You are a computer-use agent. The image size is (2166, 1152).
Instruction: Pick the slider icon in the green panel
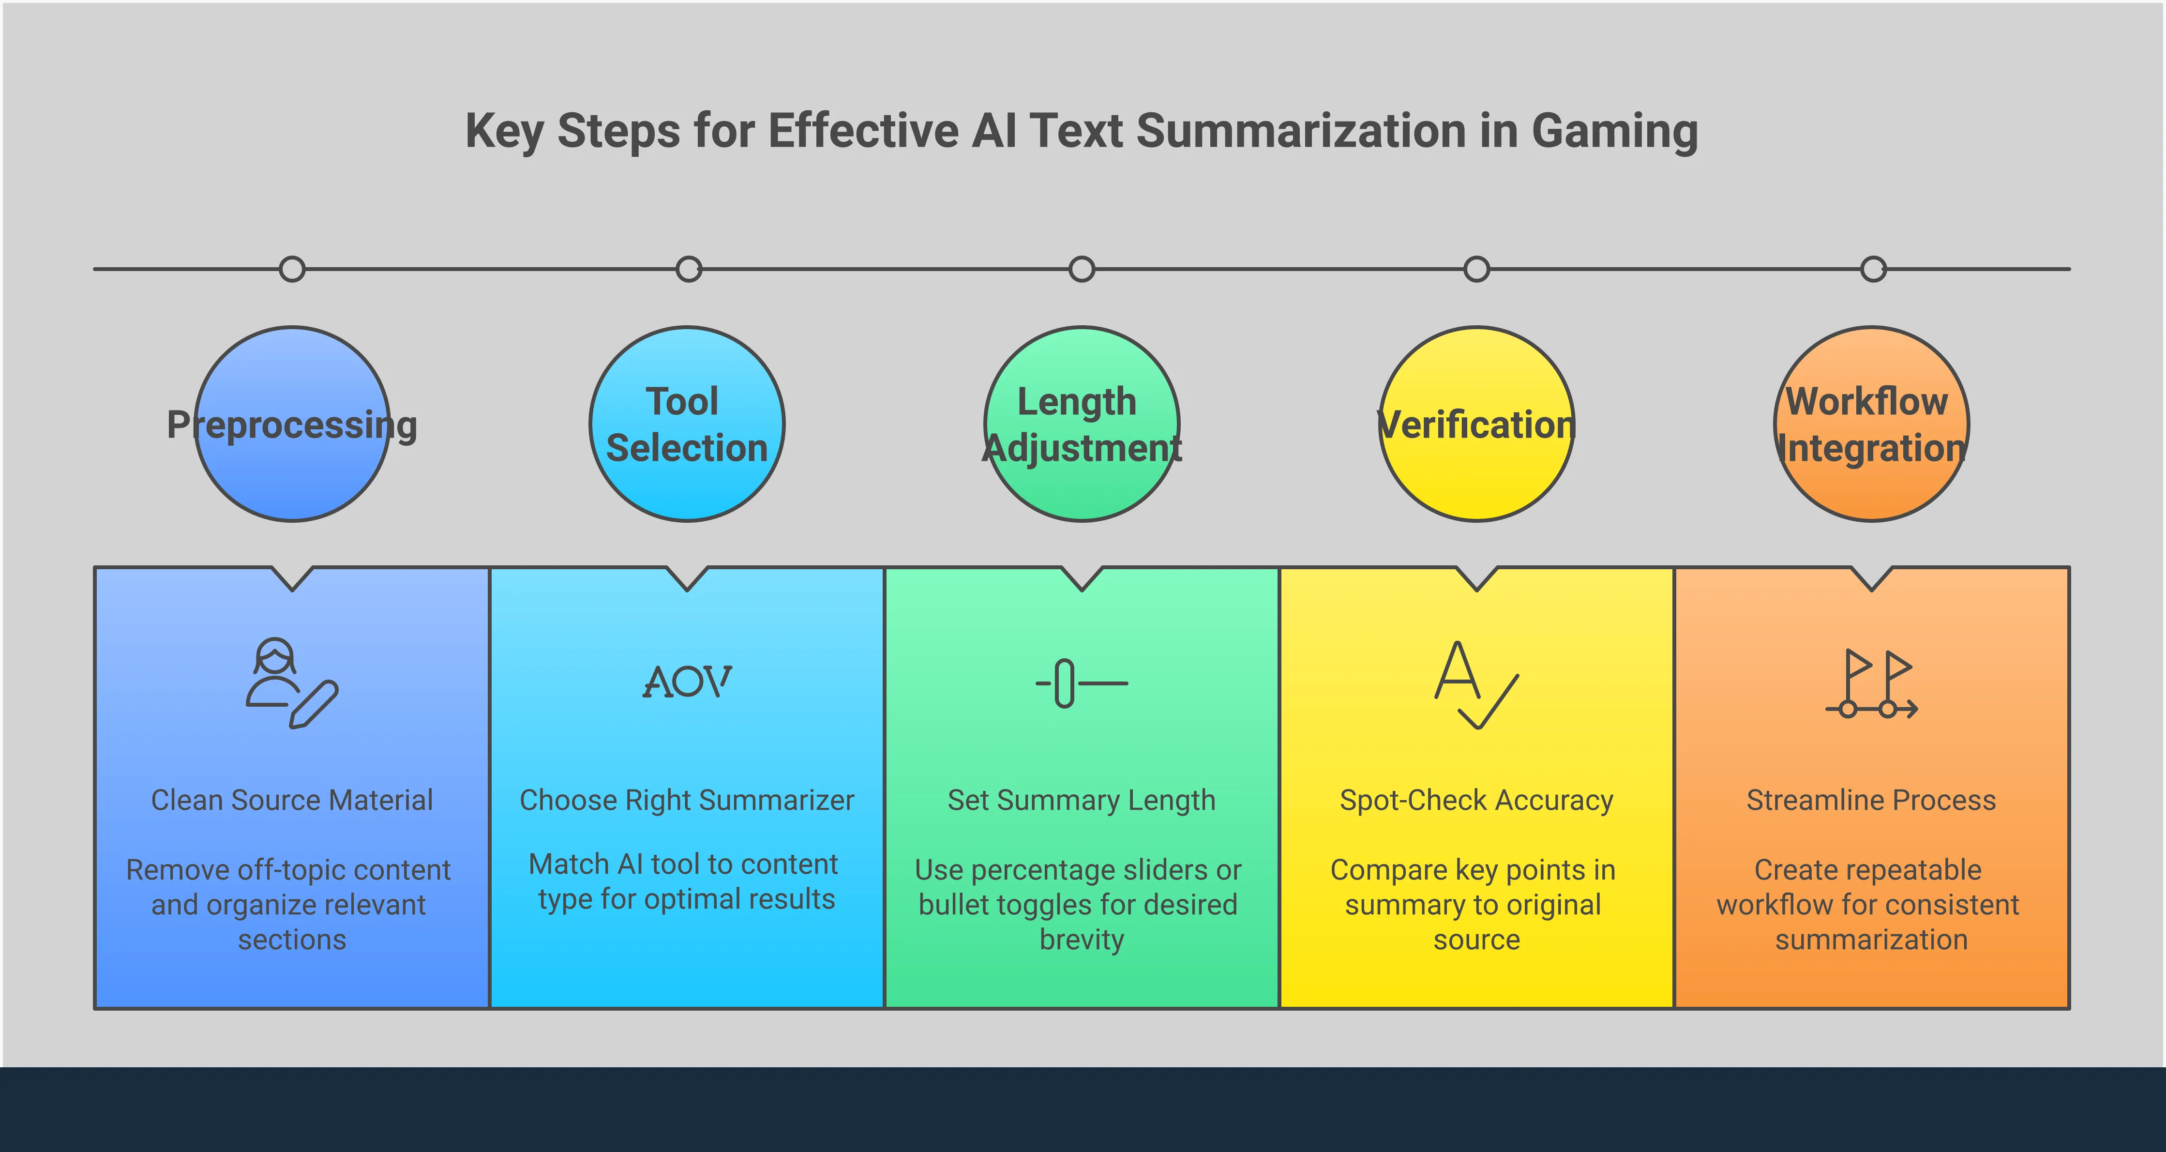[x=1082, y=683]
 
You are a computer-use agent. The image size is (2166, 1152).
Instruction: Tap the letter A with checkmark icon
[x=1475, y=683]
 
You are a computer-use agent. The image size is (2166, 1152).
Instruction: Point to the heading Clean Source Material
[x=292, y=800]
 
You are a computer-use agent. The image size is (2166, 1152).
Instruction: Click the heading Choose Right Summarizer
[x=687, y=800]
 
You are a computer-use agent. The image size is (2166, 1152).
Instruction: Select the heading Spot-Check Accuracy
[x=1476, y=800]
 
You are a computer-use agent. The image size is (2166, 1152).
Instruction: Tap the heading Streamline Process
[x=1871, y=800]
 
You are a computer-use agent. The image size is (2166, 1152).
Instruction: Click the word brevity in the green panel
[x=1082, y=939]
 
